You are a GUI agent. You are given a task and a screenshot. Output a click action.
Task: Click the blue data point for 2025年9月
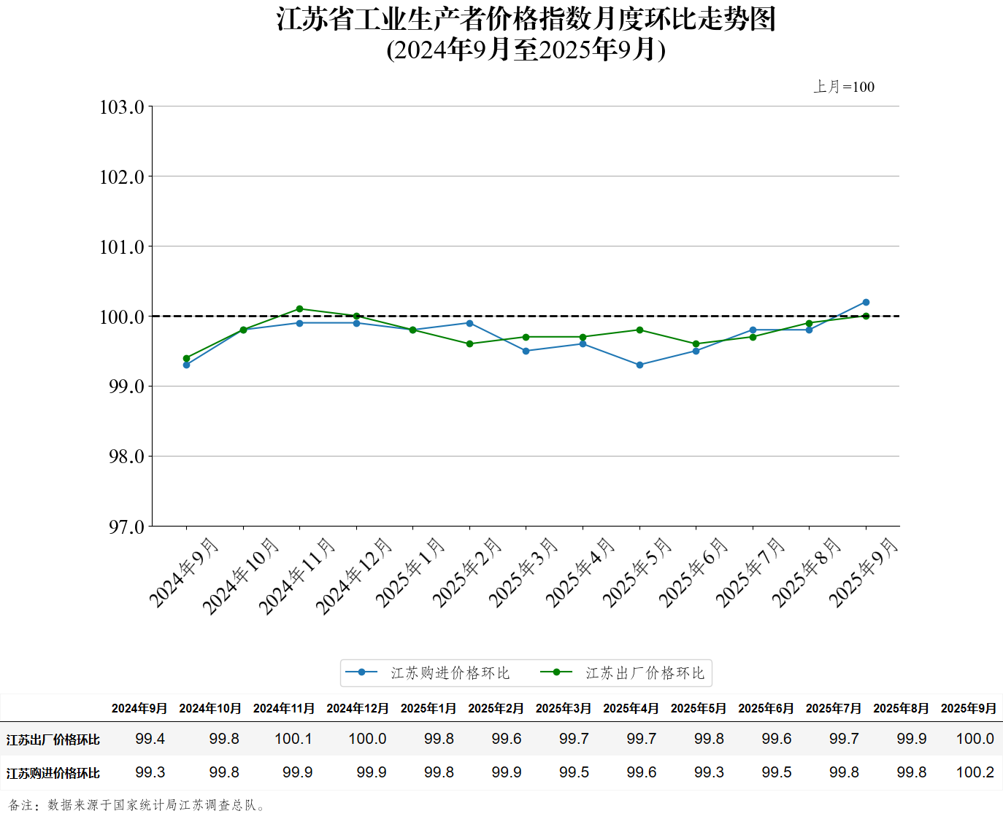click(866, 302)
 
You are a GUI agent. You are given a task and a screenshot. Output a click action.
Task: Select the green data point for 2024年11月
click(300, 308)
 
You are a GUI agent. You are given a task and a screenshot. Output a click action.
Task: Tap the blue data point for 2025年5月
click(639, 365)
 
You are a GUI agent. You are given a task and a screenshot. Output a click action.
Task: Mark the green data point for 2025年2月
click(469, 343)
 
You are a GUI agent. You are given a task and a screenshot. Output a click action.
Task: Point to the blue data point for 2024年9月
click(187, 365)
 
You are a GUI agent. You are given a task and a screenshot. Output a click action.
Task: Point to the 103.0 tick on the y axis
click(122, 107)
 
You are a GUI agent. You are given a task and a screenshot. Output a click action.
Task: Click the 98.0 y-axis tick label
click(122, 457)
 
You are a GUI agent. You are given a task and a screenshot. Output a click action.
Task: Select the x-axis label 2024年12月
click(355, 575)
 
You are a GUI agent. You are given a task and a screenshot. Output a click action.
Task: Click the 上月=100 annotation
click(844, 87)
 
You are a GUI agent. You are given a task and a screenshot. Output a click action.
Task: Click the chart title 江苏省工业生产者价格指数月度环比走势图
click(526, 19)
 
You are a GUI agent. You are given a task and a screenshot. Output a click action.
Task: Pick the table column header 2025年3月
click(564, 708)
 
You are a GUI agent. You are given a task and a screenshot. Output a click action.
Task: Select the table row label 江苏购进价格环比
click(53, 773)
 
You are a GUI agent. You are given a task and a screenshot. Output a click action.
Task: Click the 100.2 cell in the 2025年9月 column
click(975, 772)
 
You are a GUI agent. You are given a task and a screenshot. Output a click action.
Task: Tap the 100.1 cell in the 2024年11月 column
click(293, 739)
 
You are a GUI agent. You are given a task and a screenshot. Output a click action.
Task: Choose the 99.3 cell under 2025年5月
click(709, 772)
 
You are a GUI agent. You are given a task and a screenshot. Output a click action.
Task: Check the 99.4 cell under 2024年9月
click(150, 739)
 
